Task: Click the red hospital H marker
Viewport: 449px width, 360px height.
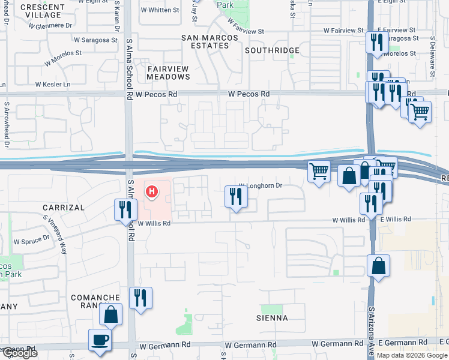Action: (152, 192)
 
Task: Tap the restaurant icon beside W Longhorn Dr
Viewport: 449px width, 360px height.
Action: (236, 196)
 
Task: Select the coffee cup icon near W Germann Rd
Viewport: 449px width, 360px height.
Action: (100, 340)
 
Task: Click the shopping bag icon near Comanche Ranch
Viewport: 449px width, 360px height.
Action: (111, 314)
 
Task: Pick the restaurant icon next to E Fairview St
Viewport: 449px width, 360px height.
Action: (376, 42)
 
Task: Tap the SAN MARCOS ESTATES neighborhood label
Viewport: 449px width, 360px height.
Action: (210, 42)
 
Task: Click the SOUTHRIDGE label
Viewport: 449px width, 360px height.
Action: (272, 50)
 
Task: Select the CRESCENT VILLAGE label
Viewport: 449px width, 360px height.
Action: (42, 11)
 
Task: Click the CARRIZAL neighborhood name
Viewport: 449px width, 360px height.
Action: (63, 207)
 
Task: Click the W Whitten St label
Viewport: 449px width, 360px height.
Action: (160, 10)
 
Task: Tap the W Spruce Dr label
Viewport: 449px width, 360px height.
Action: (32, 240)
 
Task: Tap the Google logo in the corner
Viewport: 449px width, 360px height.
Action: (19, 353)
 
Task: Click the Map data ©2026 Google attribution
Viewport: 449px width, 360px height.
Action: (412, 355)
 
